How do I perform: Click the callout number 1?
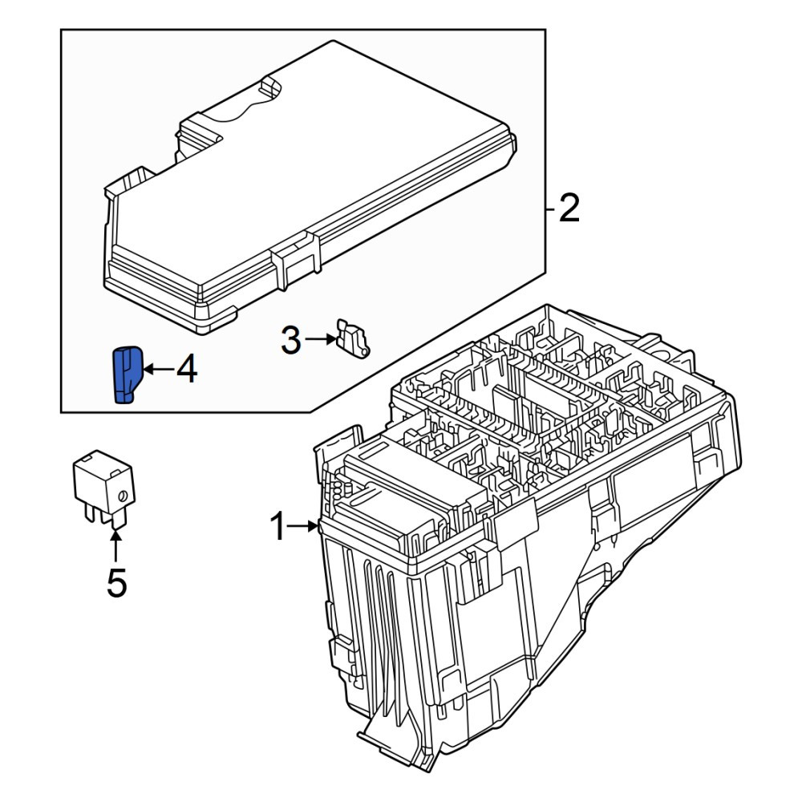pos(279,526)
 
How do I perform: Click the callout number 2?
pos(569,209)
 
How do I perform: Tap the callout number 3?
pos(291,340)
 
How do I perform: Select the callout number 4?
pos(187,370)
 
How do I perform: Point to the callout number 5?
pos(116,582)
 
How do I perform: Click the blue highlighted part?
pos(127,375)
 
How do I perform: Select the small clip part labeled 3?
pos(353,338)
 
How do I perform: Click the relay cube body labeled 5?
pos(103,480)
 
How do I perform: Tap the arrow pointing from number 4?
pos(159,369)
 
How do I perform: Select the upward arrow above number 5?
pos(116,547)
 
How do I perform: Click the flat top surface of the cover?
pos(317,168)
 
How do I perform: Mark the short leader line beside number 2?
pos(550,209)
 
